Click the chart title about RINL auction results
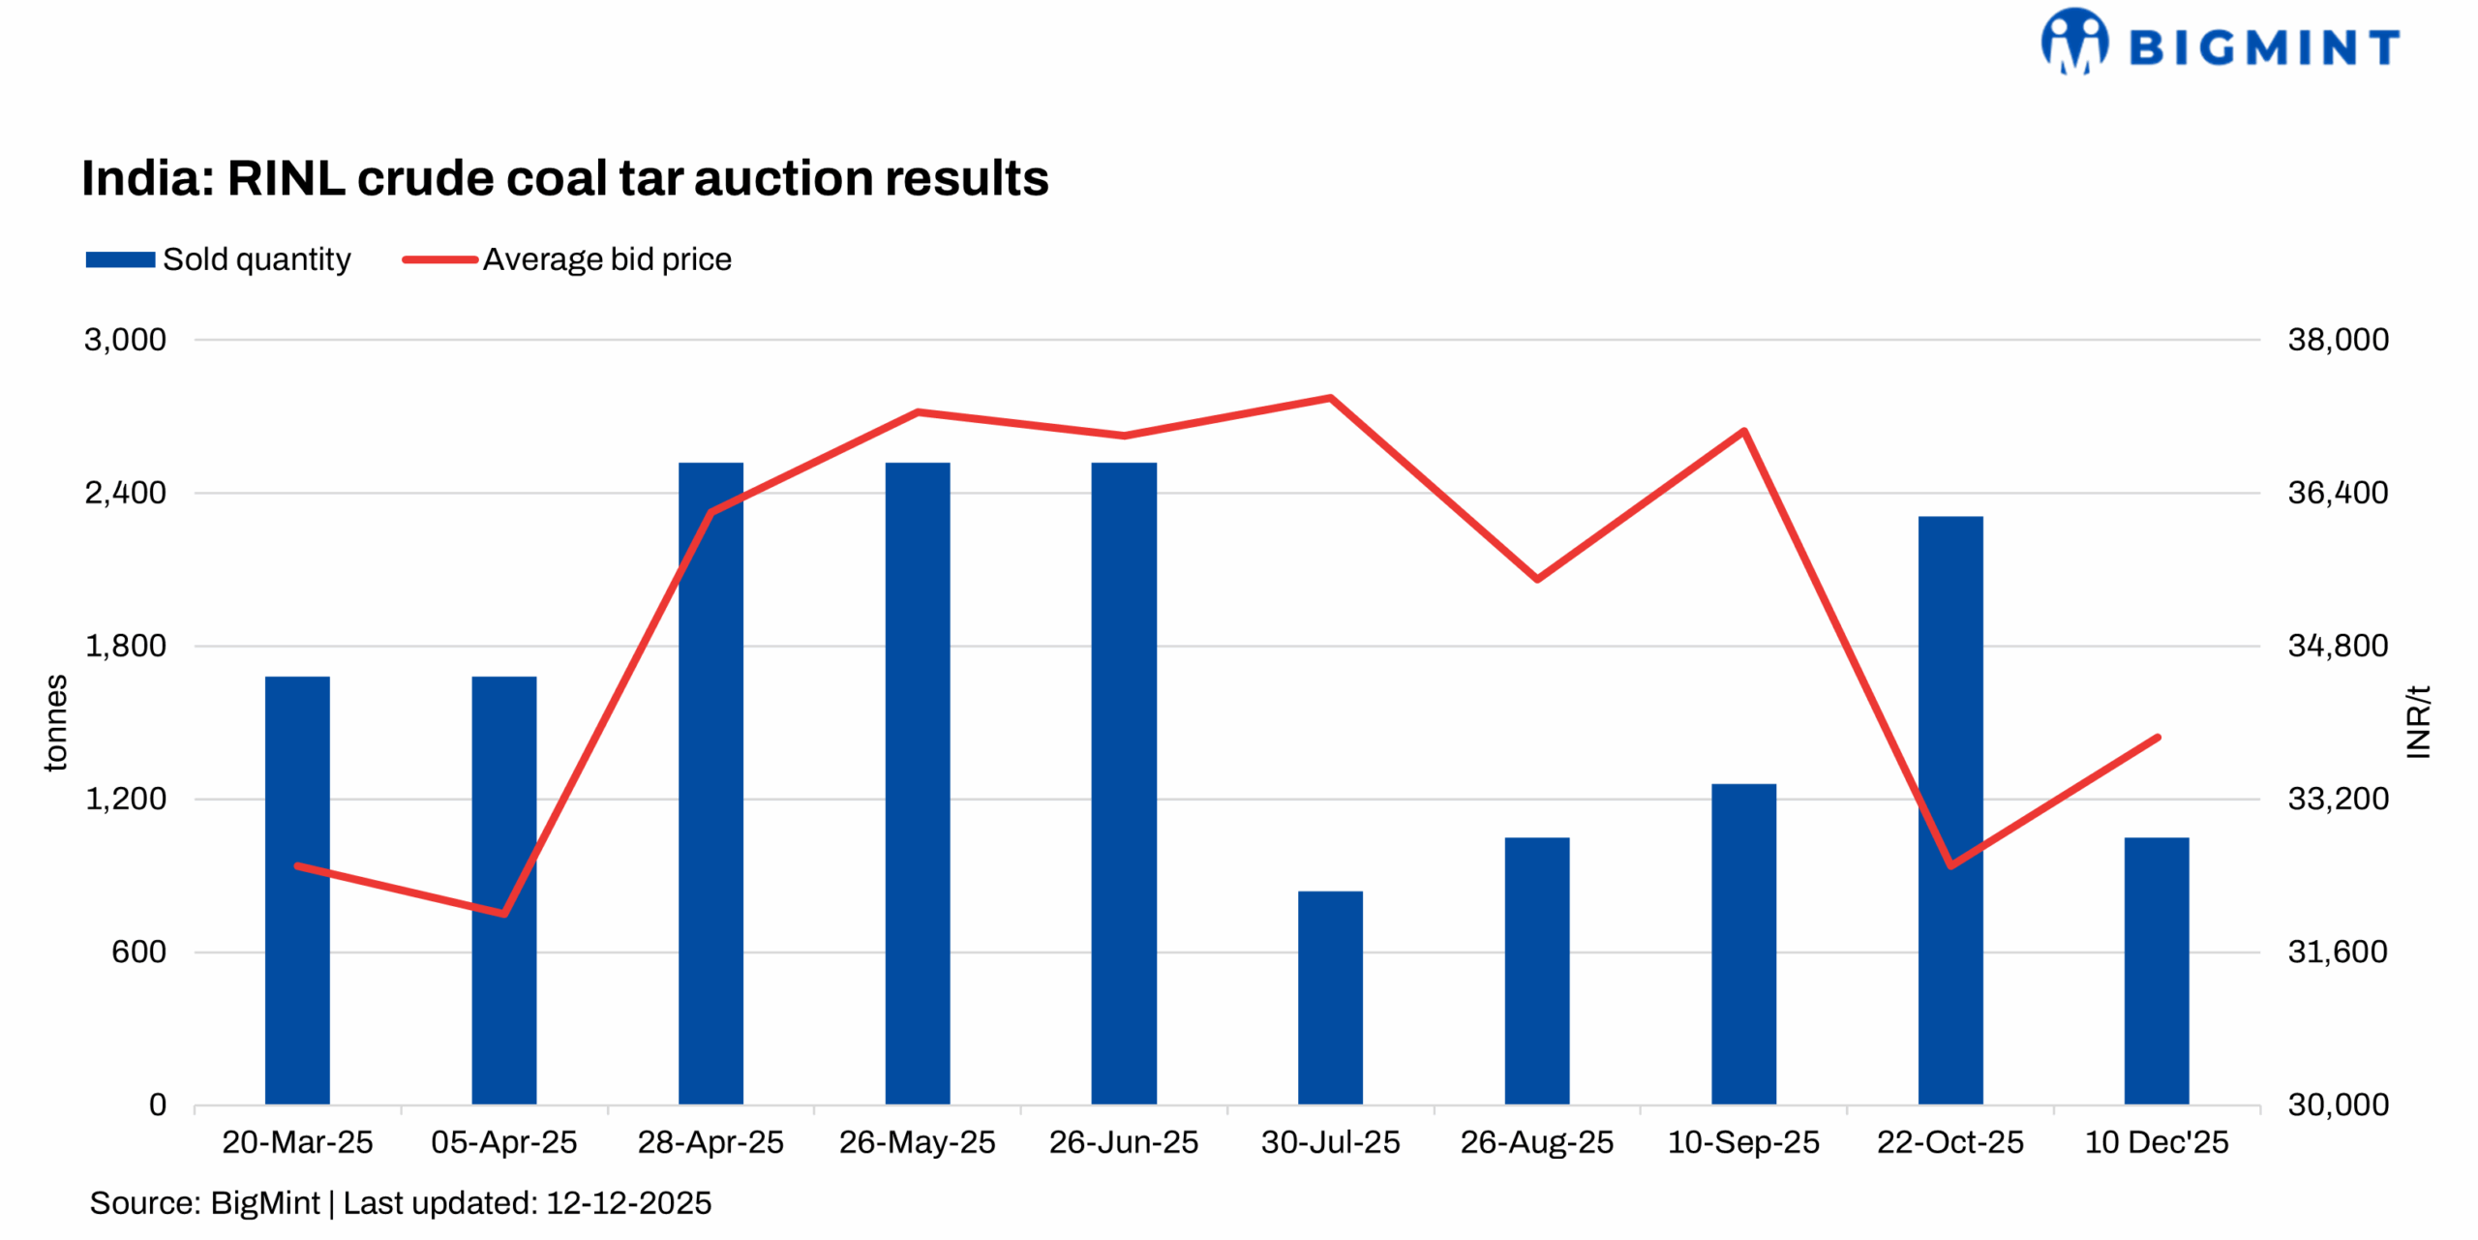click(564, 178)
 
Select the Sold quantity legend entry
click(218, 259)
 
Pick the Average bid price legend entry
click(567, 259)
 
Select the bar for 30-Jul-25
click(1330, 997)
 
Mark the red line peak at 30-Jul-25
click(1330, 398)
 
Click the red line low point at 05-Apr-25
click(503, 913)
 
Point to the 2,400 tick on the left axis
click(126, 493)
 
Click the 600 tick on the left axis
click(138, 952)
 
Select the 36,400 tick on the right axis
click(2337, 493)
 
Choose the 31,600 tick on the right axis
click(2337, 952)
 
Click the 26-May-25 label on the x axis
click(917, 1142)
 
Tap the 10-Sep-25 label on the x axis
click(1742, 1142)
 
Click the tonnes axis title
click(56, 722)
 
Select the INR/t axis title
click(2417, 722)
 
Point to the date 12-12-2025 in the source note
click(628, 1203)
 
